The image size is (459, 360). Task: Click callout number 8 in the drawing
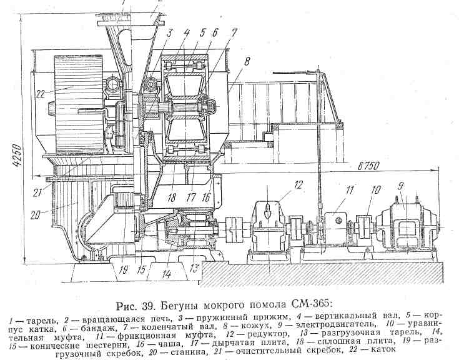tap(247, 61)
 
